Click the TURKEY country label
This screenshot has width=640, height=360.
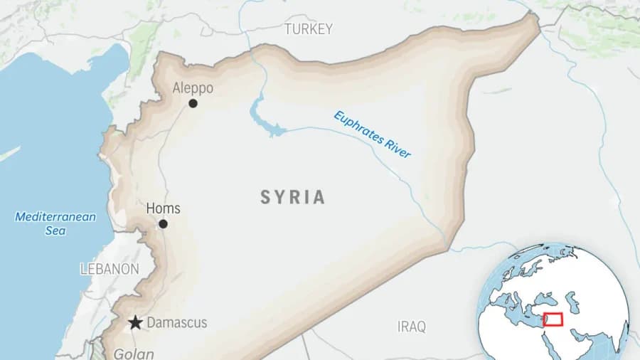(x=308, y=29)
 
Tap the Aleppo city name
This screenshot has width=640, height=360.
(x=193, y=88)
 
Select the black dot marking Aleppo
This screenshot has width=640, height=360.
(x=193, y=103)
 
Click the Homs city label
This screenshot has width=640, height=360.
(x=163, y=208)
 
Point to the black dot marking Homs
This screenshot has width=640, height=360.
(x=163, y=223)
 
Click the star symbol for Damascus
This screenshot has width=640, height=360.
(x=135, y=323)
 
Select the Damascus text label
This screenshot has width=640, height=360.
(x=177, y=323)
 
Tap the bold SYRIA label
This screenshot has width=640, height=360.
(x=292, y=197)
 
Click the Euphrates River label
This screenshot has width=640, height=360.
(x=373, y=134)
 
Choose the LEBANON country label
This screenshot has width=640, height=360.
(x=110, y=269)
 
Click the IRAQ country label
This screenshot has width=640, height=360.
(x=411, y=327)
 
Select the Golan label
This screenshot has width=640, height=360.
(x=133, y=354)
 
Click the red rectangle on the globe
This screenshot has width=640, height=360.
(x=553, y=319)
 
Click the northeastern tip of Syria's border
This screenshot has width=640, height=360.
(x=535, y=16)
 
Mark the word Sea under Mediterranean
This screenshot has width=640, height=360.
(x=55, y=231)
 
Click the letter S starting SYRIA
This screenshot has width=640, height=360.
(x=266, y=197)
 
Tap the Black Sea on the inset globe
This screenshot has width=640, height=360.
(x=551, y=297)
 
